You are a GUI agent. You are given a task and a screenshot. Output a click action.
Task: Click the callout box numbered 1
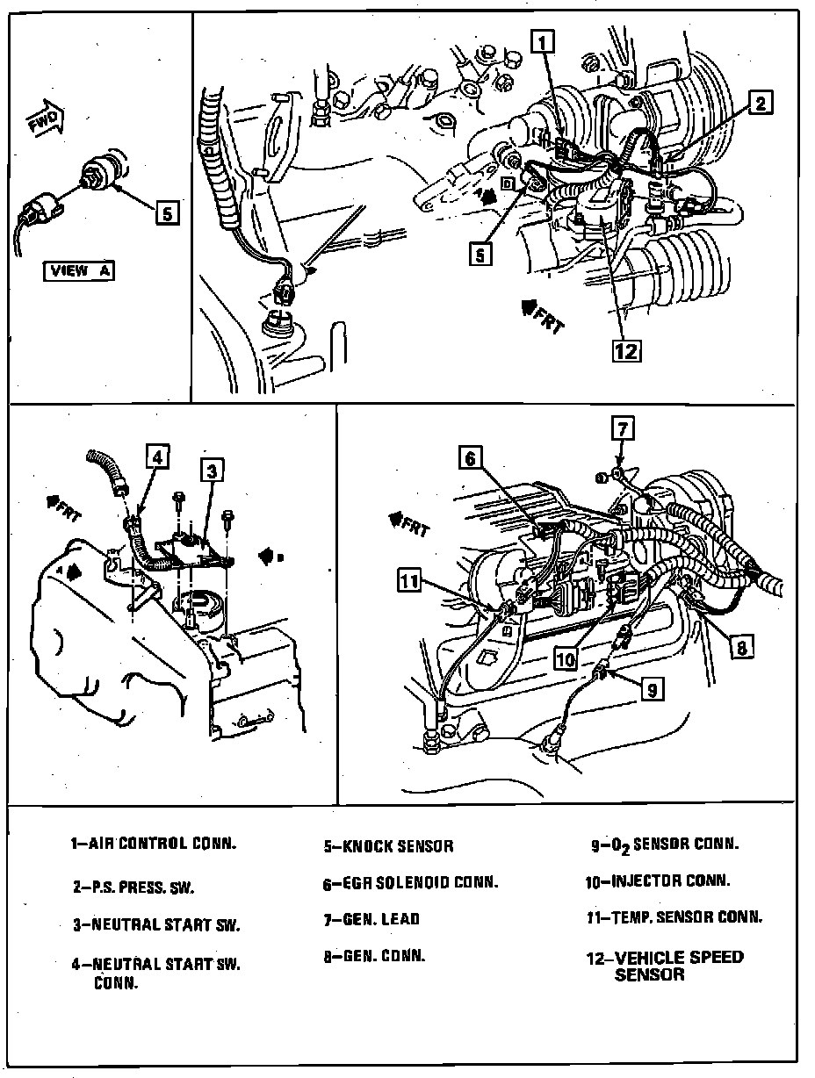(x=545, y=40)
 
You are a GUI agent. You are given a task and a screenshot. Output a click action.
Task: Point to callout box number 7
(x=621, y=429)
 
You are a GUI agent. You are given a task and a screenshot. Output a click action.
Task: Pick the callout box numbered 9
(x=651, y=691)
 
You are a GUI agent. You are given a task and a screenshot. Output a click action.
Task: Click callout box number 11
(x=408, y=580)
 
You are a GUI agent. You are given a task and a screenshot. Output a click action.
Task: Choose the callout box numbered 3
(x=212, y=471)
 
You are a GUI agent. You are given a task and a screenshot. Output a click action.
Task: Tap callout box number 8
(x=741, y=648)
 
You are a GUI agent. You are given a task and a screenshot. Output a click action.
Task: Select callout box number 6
(x=470, y=457)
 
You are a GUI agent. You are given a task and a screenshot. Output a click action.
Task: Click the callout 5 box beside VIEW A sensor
(x=168, y=211)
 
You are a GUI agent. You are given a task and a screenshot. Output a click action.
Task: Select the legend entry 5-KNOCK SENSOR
(x=387, y=847)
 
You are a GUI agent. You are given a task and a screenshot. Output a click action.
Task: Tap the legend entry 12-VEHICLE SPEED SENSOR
(x=664, y=966)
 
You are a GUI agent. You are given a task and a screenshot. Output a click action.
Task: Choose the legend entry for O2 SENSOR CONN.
(x=664, y=845)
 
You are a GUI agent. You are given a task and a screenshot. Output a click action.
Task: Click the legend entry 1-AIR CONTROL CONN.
(x=154, y=844)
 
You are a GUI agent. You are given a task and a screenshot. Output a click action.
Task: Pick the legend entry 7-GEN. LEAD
(x=371, y=920)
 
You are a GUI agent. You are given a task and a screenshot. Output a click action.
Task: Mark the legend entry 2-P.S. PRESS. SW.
(x=133, y=887)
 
